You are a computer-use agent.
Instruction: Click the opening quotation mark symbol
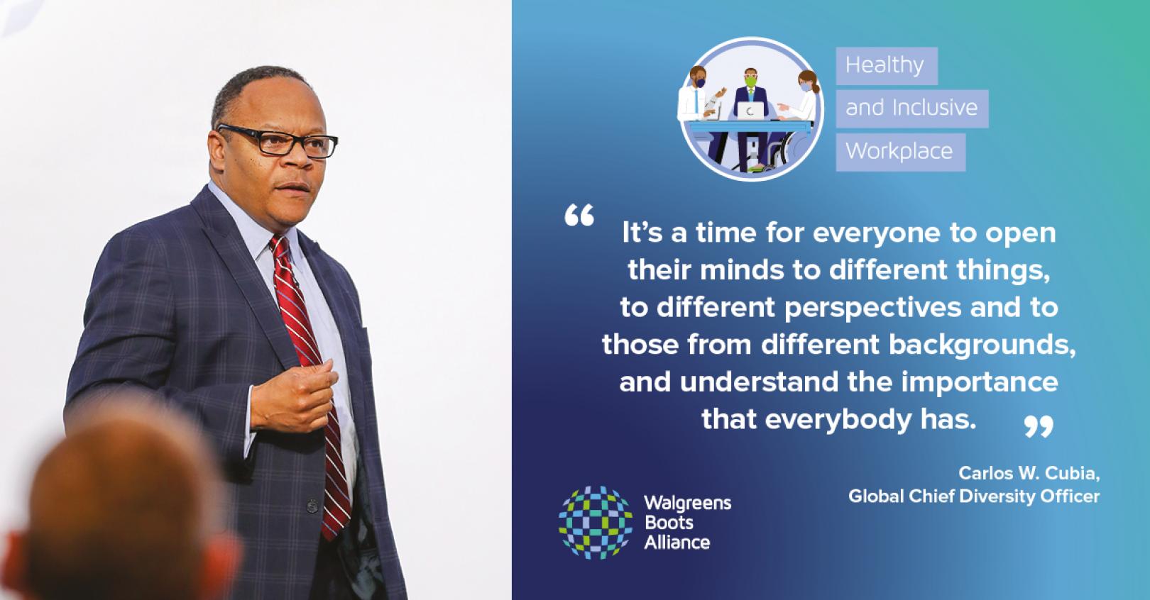point(579,216)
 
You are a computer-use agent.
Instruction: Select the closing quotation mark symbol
point(1039,426)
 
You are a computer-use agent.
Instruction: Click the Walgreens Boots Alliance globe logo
point(595,523)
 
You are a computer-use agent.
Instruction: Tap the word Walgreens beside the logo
point(687,504)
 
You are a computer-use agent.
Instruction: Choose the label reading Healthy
point(885,65)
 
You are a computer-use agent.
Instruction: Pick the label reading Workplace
point(899,151)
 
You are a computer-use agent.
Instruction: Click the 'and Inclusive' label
point(911,108)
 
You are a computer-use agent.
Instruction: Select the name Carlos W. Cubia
point(1029,472)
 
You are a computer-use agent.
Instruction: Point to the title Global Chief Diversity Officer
point(973,496)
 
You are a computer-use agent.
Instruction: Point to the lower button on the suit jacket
point(311,506)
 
